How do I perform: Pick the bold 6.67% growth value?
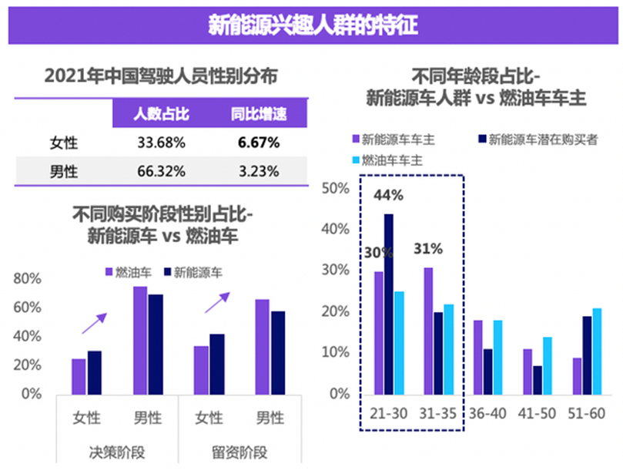[258, 143]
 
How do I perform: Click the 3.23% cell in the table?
[258, 171]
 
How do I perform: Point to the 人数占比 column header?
[161, 115]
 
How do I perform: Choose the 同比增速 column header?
[259, 115]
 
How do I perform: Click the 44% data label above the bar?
[388, 196]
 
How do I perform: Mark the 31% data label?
[427, 249]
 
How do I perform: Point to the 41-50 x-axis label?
[538, 414]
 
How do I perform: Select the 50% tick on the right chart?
[338, 189]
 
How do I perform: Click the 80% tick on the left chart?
[28, 278]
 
